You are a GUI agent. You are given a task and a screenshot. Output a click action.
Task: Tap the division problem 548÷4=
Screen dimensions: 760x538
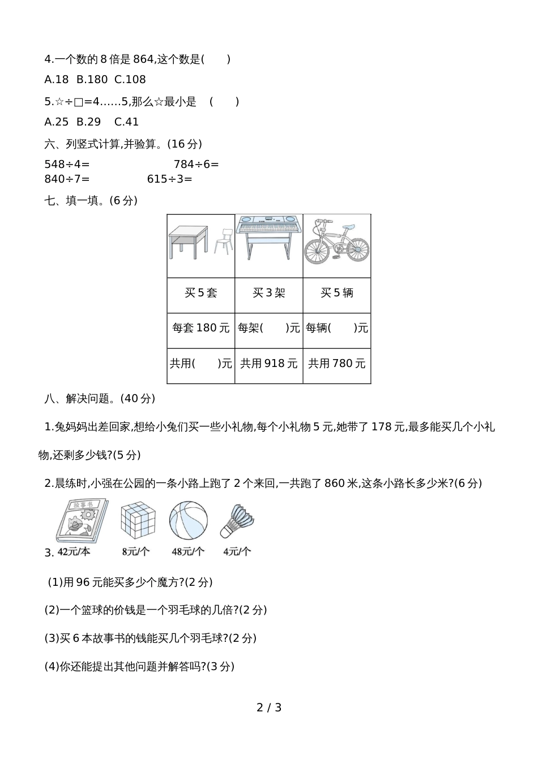[67, 165]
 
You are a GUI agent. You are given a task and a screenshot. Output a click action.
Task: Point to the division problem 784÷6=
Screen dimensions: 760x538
[197, 165]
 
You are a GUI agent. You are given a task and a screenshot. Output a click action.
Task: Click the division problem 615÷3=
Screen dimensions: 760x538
[169, 179]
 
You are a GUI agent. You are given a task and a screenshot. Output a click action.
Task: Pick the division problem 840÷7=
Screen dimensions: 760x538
[67, 179]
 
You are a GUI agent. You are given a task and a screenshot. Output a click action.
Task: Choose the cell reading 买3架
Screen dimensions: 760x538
[269, 293]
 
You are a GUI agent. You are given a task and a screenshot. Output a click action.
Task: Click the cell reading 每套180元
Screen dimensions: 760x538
[201, 328]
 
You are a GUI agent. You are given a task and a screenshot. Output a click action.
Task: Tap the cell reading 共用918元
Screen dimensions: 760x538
[269, 364]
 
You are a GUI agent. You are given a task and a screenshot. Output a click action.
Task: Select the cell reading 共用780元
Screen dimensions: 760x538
[337, 364]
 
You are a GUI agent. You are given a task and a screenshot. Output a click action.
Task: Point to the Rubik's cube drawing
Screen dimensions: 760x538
[138, 520]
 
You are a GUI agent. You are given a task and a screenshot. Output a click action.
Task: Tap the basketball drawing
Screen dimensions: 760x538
[189, 521]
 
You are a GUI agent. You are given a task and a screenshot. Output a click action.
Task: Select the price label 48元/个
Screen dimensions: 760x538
[188, 551]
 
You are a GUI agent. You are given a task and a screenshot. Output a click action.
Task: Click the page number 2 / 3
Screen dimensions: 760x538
[269, 707]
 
